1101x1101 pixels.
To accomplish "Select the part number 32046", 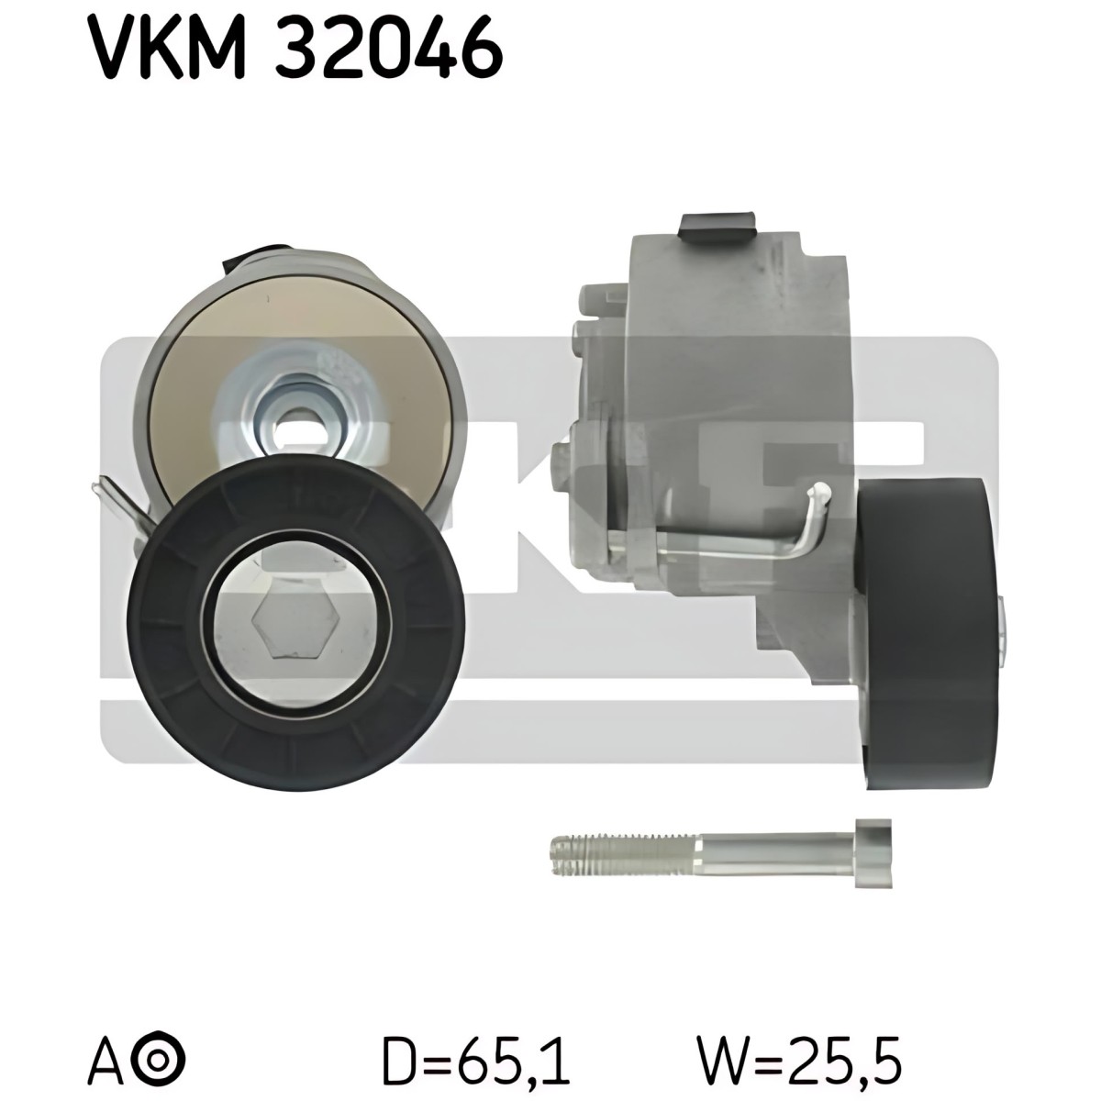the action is (389, 48).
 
